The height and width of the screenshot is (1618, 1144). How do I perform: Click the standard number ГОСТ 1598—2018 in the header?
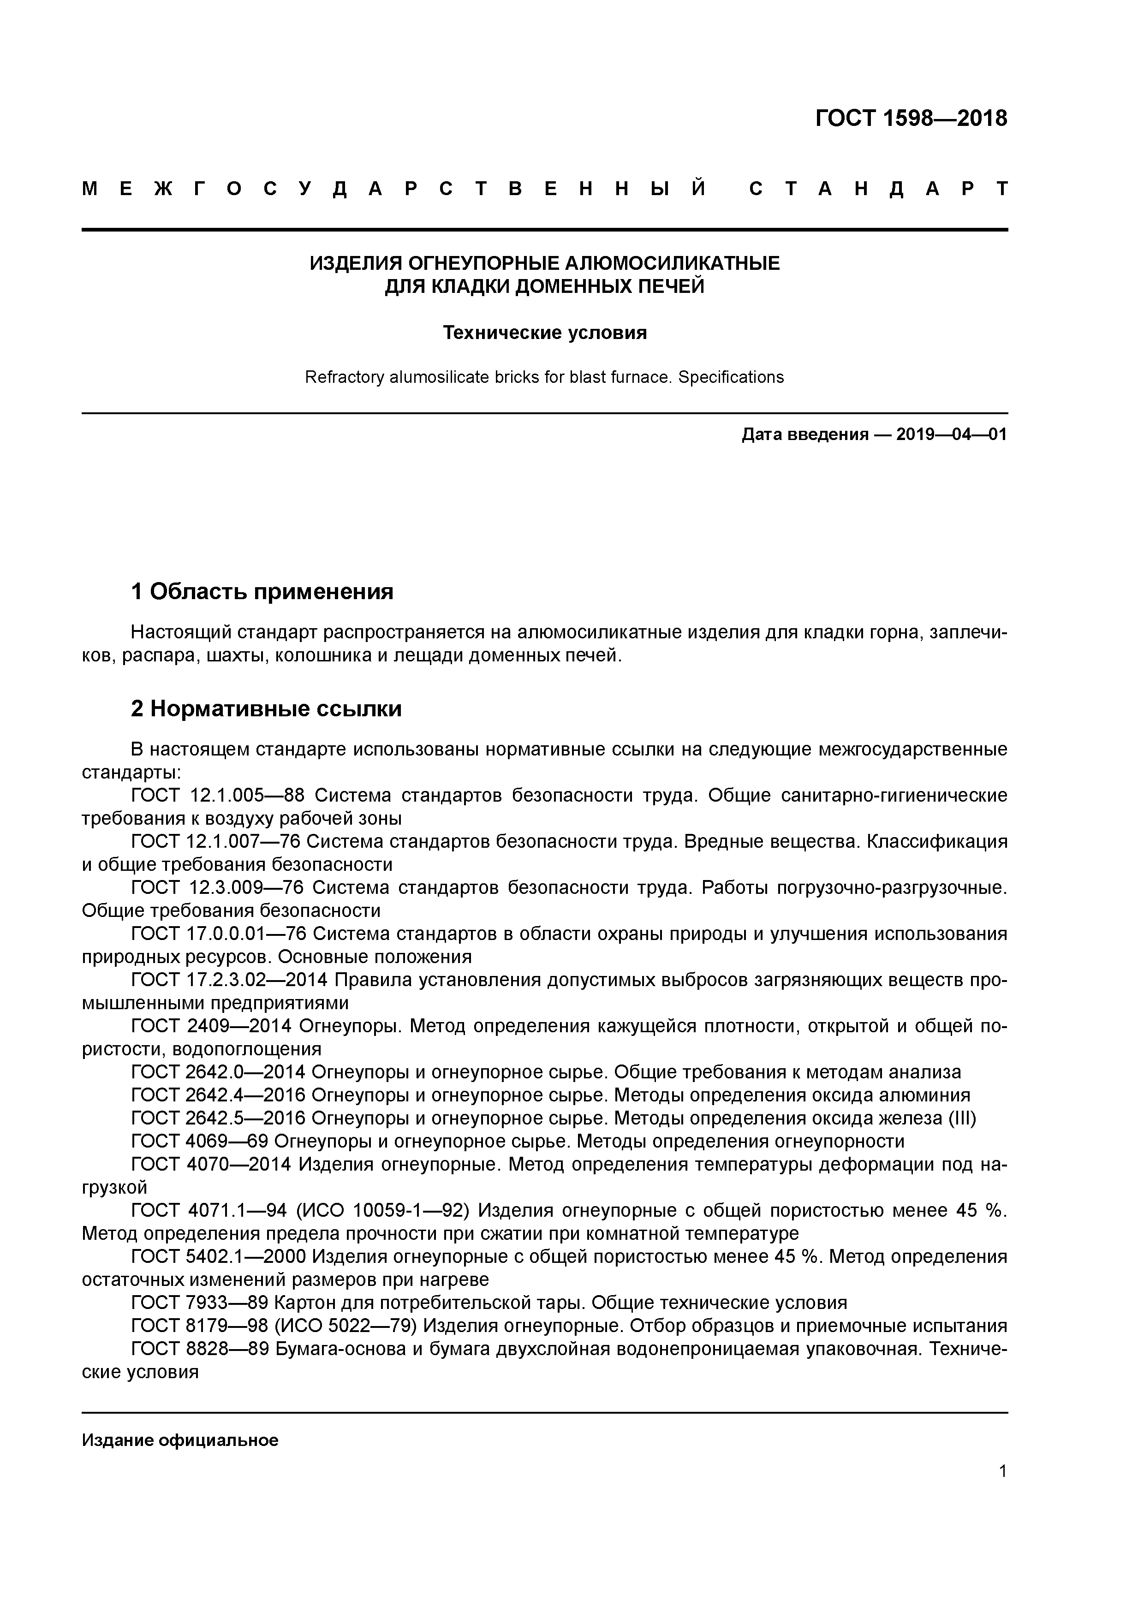pyautogui.click(x=911, y=119)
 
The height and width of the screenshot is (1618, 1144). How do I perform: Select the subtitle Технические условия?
pyautogui.click(x=544, y=333)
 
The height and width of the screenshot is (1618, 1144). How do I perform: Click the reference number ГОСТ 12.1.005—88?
pyautogui.click(x=217, y=796)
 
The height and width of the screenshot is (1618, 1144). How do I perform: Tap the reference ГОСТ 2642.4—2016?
pyautogui.click(x=217, y=1095)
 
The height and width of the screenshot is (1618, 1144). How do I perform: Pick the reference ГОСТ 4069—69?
pyautogui.click(x=200, y=1142)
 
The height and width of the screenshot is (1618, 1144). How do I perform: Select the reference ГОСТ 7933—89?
pyautogui.click(x=200, y=1303)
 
